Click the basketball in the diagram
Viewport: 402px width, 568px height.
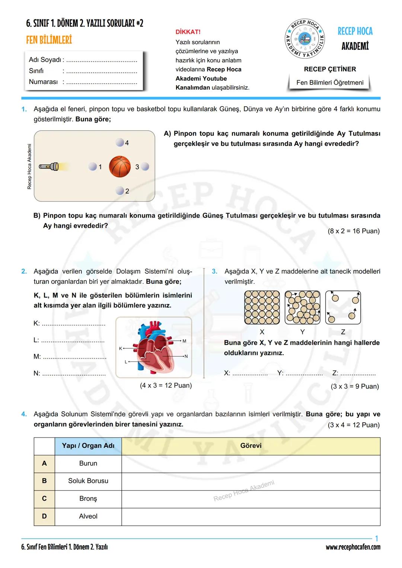coord(120,166)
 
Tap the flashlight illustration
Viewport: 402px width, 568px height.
coord(49,167)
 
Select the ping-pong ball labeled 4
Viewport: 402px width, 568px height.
coord(119,142)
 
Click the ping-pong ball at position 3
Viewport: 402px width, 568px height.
coord(145,167)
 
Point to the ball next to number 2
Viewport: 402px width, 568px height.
coord(119,191)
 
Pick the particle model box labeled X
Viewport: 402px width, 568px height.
coord(262,308)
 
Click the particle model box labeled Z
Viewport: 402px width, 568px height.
coord(343,308)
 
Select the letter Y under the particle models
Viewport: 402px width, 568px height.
coord(302,332)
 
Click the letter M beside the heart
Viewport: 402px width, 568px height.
coord(184,341)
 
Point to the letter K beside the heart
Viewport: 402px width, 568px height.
coord(120,349)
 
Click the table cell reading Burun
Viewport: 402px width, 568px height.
coord(88,463)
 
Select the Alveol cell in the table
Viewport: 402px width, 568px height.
coord(88,516)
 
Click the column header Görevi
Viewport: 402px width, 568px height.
coord(251,446)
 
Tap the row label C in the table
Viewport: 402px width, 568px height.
coord(44,498)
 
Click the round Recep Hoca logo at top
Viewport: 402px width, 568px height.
coord(305,38)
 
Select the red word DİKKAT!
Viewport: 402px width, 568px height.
coord(188,32)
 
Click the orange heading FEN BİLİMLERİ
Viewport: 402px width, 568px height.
coord(49,40)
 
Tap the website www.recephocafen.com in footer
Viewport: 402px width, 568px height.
coord(353,547)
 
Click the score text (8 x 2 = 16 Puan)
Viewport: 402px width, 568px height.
coord(354,231)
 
